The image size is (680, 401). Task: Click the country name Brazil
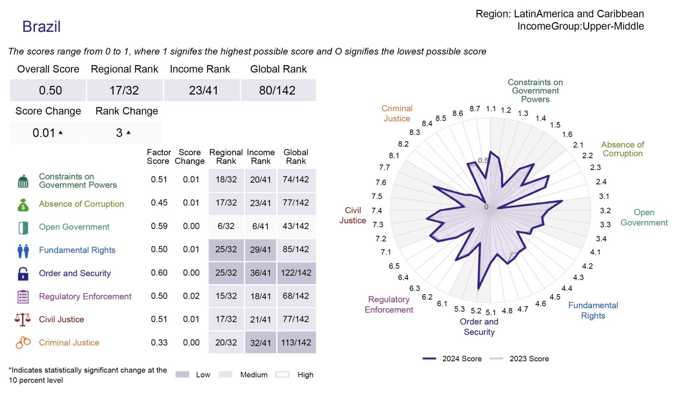[41, 27]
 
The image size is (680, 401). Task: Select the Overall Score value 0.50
[50, 90]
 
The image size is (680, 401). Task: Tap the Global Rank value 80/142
[277, 90]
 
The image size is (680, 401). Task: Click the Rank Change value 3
[119, 133]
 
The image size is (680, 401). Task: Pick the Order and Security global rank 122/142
[296, 273]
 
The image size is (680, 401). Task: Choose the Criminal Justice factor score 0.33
[159, 342]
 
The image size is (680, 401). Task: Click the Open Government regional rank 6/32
[226, 226]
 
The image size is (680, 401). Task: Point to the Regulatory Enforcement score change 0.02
[191, 296]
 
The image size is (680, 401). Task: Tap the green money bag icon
[23, 205]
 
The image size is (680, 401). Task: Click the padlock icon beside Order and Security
[23, 273]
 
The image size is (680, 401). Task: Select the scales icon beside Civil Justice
[23, 319]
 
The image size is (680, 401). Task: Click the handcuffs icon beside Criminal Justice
[23, 342]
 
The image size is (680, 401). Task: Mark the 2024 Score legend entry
[452, 358]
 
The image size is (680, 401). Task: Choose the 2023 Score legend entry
[519, 358]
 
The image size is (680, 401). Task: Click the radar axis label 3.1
[604, 196]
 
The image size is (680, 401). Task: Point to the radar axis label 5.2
[476, 311]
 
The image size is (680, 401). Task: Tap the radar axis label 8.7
[475, 109]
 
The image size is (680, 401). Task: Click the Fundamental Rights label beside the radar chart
[593, 310]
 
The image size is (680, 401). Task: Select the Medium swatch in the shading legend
[225, 374]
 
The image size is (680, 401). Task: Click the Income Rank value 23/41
[203, 90]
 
